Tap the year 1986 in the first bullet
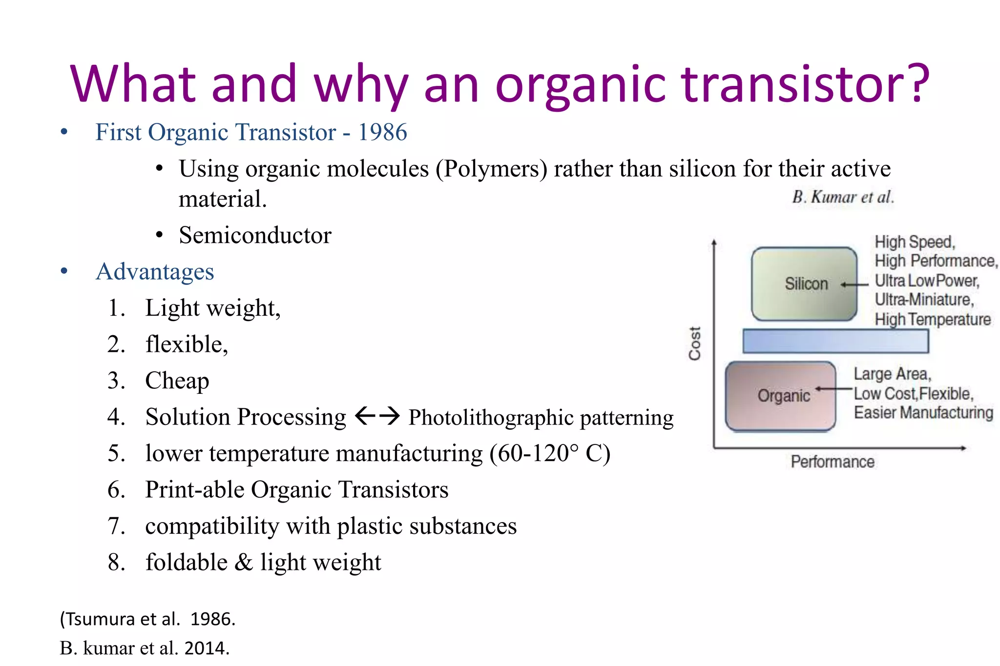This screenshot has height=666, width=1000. click(x=382, y=132)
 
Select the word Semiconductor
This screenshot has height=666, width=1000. click(x=255, y=235)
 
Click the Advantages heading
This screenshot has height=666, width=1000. click(x=155, y=272)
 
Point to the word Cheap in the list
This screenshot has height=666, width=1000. click(x=177, y=381)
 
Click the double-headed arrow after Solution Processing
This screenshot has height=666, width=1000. click(x=377, y=416)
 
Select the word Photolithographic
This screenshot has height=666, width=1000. click(x=491, y=418)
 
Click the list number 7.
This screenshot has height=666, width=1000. click(x=116, y=526)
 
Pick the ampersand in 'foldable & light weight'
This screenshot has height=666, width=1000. click(x=244, y=562)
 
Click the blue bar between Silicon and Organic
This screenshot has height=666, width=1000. click(x=835, y=341)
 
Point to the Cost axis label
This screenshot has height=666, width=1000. click(x=694, y=343)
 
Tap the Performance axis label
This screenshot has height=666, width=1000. click(x=833, y=462)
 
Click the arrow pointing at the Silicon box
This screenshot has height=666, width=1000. click(x=854, y=284)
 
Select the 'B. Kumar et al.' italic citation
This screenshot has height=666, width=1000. click(x=843, y=197)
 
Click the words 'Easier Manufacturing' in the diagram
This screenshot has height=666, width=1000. click(x=923, y=413)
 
